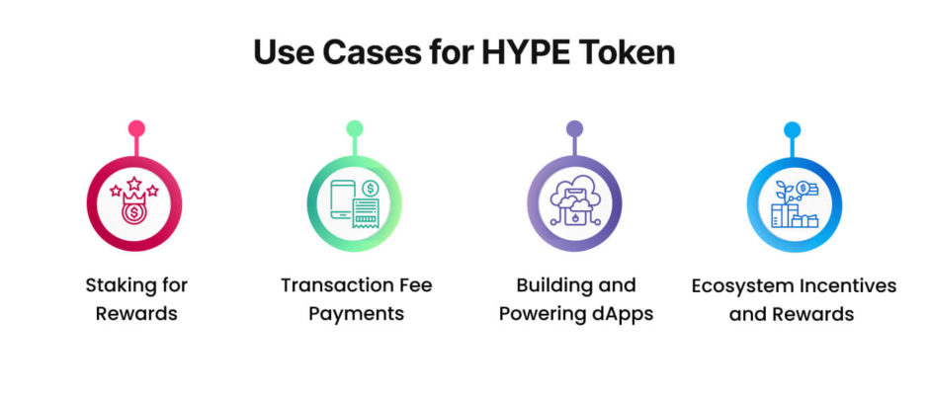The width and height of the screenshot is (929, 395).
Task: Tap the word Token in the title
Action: (630, 52)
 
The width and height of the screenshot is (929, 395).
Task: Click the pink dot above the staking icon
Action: (136, 128)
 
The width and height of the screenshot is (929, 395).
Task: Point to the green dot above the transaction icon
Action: (354, 128)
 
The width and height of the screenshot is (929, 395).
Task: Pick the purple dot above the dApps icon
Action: (574, 128)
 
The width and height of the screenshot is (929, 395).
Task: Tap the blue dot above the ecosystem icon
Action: (793, 129)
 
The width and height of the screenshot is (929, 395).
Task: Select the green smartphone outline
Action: (343, 199)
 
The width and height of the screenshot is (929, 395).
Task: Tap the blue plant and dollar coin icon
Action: (795, 204)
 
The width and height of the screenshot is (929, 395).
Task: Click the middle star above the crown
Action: (134, 183)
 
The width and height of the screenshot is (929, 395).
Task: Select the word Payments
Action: (357, 314)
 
